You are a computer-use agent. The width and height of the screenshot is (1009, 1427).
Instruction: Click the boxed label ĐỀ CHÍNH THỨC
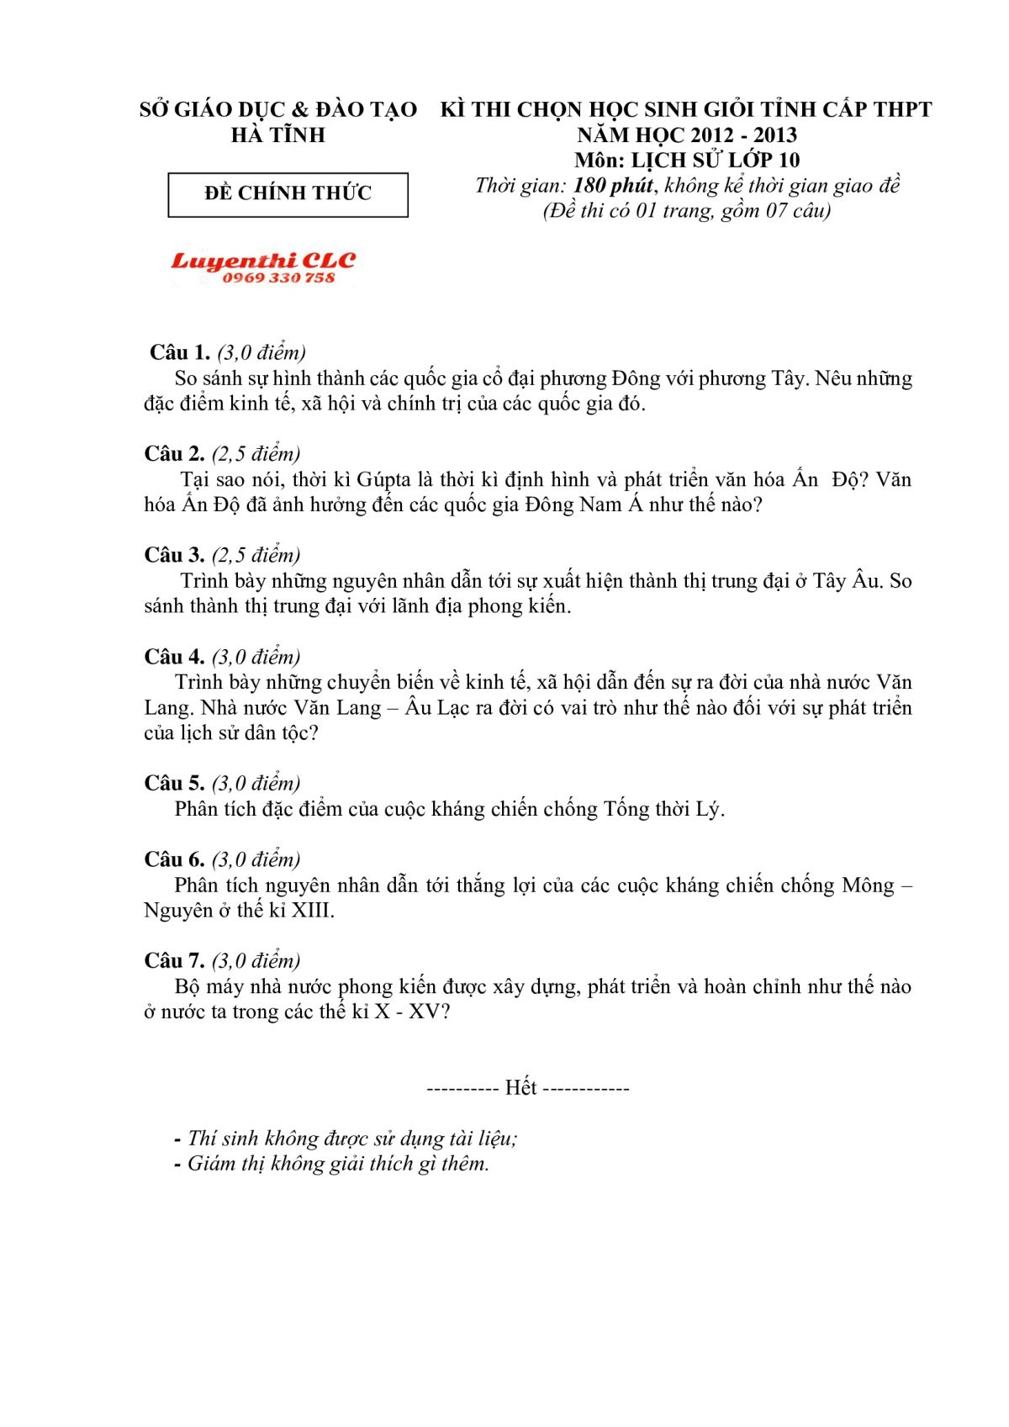[288, 194]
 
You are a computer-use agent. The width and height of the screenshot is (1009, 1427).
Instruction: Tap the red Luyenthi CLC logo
[263, 261]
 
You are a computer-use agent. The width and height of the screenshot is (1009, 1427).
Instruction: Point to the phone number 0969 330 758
[278, 278]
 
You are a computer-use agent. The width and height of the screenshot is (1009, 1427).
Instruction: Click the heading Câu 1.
[179, 352]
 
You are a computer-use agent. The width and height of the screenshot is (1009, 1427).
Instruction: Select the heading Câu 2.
[174, 454]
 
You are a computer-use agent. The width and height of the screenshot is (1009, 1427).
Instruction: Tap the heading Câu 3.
[174, 555]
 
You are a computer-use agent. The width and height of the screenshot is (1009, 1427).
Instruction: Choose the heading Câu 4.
[174, 657]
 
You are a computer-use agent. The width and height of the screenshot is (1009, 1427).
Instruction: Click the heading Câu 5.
[174, 784]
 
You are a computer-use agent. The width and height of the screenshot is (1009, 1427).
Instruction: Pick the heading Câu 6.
[174, 859]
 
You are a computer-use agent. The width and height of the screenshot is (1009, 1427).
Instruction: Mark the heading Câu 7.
[174, 961]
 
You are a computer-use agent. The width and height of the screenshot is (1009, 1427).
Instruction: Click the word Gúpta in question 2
[383, 480]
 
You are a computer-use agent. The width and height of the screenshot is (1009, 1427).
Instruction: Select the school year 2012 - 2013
[743, 135]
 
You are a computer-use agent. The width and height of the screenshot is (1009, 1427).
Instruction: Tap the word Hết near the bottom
[520, 1088]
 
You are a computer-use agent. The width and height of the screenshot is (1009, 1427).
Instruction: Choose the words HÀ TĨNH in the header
[278, 135]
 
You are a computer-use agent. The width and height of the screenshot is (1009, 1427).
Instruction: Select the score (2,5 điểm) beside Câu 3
[256, 555]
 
